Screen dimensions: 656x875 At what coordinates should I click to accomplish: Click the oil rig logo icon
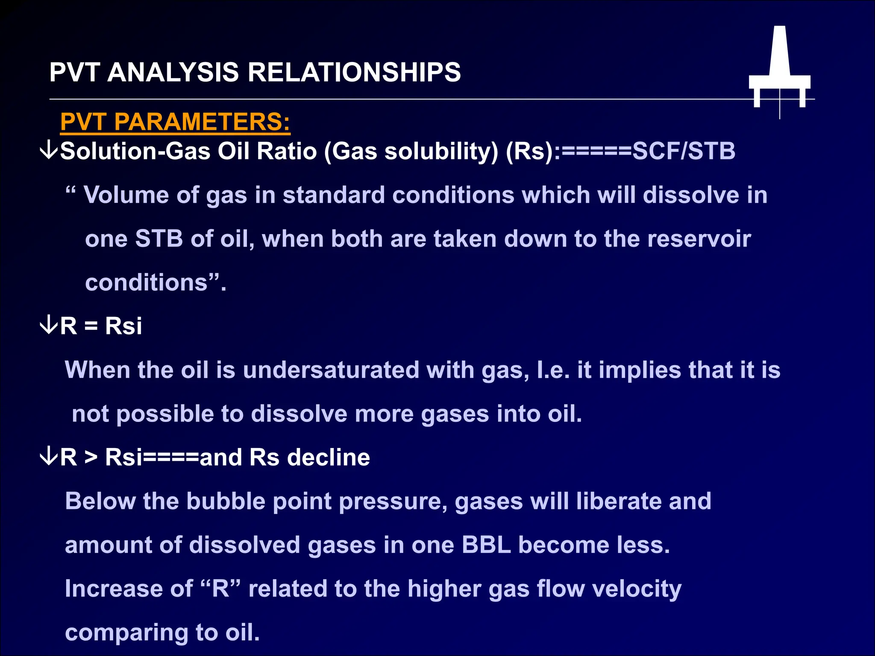pyautogui.click(x=779, y=68)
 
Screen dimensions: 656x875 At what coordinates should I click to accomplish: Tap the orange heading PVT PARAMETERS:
pyautogui.click(x=175, y=122)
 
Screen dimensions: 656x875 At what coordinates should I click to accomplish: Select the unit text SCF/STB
pyautogui.click(x=684, y=151)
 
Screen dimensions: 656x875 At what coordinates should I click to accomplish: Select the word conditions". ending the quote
pyautogui.click(x=156, y=283)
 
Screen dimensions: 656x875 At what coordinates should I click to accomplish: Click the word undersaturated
pyautogui.click(x=331, y=370)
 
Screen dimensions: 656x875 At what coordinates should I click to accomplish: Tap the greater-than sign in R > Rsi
pyautogui.click(x=91, y=458)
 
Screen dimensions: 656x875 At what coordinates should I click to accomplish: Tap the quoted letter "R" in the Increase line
pyautogui.click(x=220, y=589)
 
